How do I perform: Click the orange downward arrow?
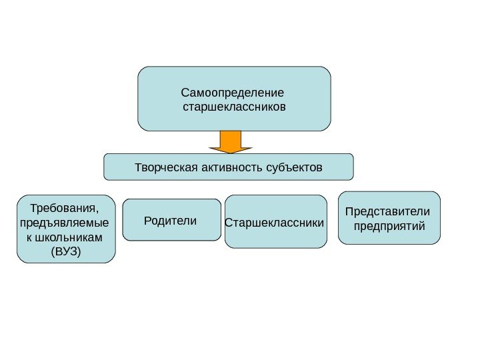click(x=230, y=142)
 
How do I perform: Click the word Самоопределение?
click(x=233, y=92)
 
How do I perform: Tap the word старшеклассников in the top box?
click(x=234, y=106)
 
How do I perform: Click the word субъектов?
click(x=293, y=167)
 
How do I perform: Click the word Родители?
click(x=171, y=220)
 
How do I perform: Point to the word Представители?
click(x=388, y=212)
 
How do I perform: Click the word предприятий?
click(x=389, y=226)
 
